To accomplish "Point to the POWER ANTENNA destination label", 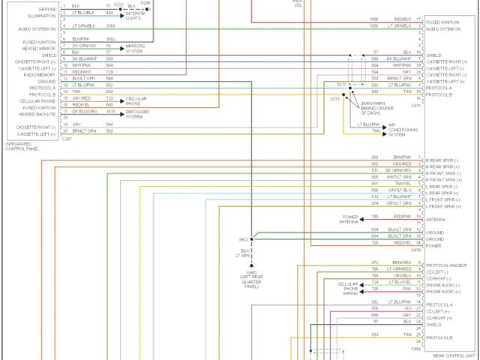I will pos(350,219).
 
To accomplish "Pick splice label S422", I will pos(233,239).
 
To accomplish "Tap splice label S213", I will pos(334,98).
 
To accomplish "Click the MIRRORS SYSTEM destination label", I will pos(136,49).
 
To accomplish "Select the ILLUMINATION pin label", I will pos(42,15).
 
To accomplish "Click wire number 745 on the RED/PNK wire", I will pos(375,217).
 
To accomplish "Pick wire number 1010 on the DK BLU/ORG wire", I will pos(109,111).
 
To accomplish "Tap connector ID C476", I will pos(416,250).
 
